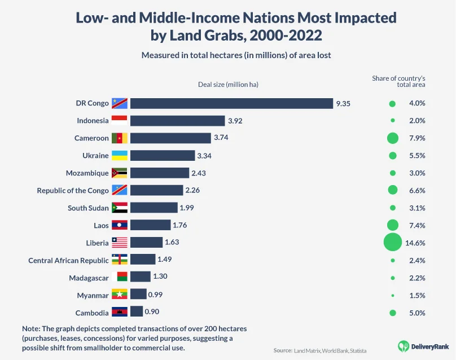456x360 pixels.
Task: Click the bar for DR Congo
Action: coord(231,103)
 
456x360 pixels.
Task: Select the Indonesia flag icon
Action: coord(120,121)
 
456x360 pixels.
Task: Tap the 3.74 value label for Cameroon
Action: coord(221,138)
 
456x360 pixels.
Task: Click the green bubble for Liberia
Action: coord(392,243)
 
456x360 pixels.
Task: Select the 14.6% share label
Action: coord(415,243)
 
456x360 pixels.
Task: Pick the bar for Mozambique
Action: coord(160,173)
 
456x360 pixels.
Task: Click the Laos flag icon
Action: coord(120,225)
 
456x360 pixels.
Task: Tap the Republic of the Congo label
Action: coord(73,190)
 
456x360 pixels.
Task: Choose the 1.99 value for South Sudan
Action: coord(187,208)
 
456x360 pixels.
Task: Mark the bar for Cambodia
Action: coord(137,312)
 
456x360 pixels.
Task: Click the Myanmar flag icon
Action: coord(120,295)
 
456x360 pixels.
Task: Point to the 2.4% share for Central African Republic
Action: coord(416,260)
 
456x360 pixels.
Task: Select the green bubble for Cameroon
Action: coord(392,138)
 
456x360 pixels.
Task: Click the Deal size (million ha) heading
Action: coord(228,84)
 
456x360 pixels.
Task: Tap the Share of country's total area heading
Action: coord(398,81)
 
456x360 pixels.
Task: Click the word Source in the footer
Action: coord(282,350)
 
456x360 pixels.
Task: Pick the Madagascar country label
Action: coord(89,278)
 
